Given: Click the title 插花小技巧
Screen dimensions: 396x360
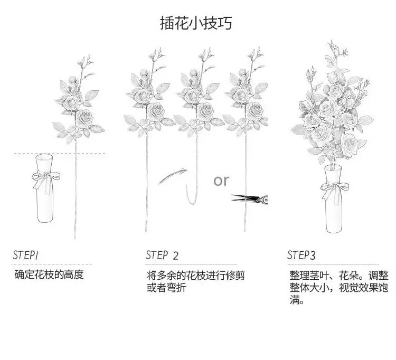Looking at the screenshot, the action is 196,23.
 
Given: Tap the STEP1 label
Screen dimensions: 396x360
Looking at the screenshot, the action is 25,255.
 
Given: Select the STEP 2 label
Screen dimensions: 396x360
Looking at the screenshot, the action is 162,255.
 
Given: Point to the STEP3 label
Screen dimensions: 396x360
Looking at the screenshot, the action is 301,255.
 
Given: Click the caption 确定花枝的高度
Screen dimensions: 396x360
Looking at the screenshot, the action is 49,274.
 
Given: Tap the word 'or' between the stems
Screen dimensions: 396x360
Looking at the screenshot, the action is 221,181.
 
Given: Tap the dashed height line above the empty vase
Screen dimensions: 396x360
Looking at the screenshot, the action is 60,154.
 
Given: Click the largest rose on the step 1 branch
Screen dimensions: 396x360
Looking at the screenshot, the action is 84,118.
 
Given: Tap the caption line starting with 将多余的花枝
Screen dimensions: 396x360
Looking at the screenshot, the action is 196,275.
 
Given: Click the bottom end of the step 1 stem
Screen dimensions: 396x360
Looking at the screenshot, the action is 75,238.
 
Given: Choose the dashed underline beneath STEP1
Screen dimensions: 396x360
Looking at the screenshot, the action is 52,265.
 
